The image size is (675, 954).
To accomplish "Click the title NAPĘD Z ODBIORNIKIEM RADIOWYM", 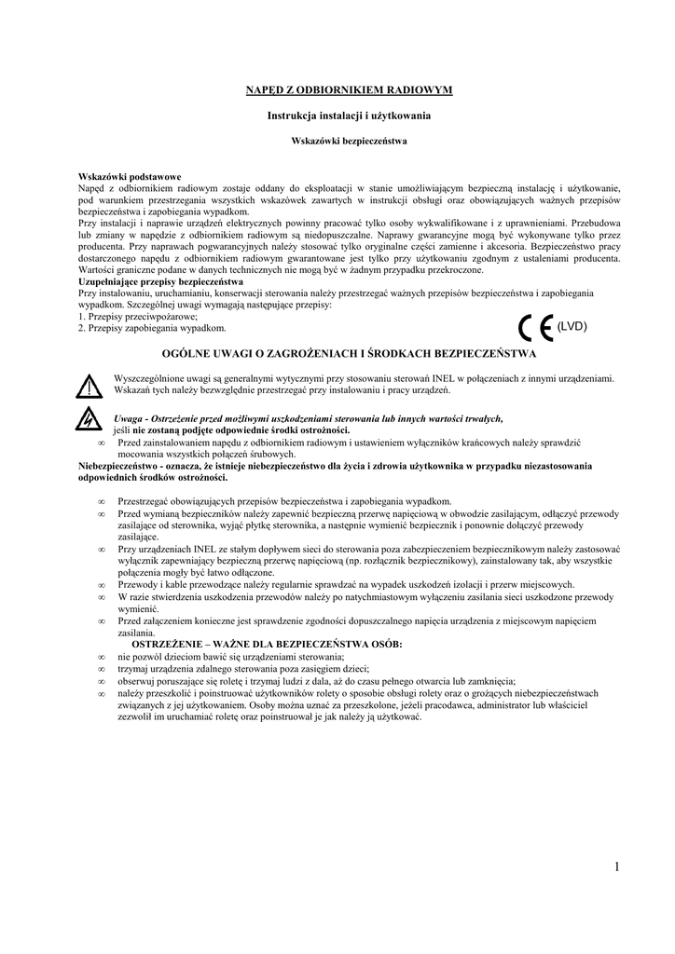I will point(349,89).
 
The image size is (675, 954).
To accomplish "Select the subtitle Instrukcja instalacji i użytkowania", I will point(349,115).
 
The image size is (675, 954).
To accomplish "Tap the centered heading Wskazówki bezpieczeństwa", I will point(349,141).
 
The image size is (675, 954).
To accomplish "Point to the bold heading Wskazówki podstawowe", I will point(129,176).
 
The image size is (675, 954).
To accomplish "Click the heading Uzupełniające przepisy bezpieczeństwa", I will point(160,280).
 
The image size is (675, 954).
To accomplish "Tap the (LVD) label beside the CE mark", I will point(572,327).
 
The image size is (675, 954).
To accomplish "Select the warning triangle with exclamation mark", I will point(89,385).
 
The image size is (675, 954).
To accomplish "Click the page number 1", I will point(617,867).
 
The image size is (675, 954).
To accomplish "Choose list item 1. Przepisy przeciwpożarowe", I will point(131,317).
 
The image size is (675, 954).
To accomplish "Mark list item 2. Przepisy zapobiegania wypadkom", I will point(152,328).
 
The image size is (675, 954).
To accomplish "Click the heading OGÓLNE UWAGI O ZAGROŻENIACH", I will point(349,354).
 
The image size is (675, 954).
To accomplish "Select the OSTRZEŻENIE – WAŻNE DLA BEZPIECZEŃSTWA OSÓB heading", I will point(267,645).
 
